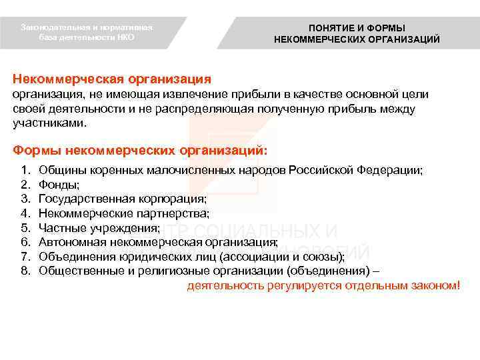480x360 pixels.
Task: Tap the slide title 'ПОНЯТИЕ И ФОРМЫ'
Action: [x=357, y=27]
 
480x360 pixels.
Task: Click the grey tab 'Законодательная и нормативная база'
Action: [x=87, y=32]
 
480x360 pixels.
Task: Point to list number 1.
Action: [x=25, y=171]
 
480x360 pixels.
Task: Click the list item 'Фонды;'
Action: [x=59, y=185]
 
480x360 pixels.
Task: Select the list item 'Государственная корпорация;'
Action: [x=123, y=199]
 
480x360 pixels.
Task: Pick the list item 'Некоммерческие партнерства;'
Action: [x=124, y=213]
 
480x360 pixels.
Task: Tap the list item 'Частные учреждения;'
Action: [x=99, y=227]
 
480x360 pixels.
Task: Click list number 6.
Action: [x=25, y=242]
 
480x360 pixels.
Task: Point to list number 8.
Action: [x=25, y=271]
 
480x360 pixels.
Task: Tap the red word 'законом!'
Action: [x=437, y=285]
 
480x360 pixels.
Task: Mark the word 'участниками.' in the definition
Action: [x=50, y=123]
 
